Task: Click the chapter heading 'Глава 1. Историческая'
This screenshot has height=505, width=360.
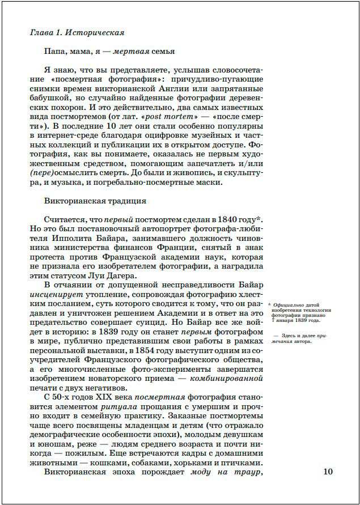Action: pos(77,33)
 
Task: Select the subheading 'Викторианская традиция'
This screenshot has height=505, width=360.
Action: pos(95,201)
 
